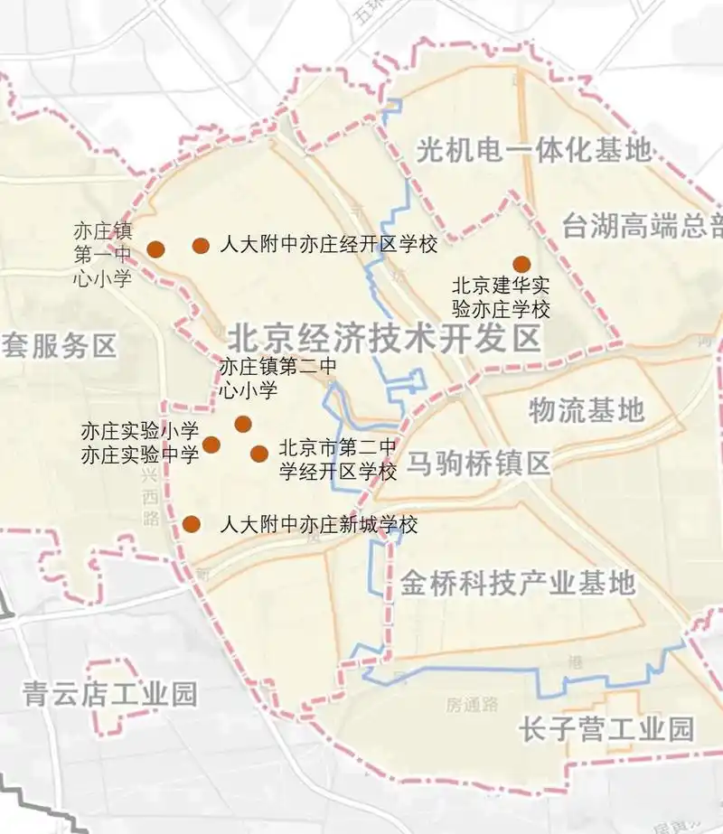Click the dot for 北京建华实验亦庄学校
521,264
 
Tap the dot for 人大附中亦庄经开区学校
201,245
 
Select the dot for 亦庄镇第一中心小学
156,248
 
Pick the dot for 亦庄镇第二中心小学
242,424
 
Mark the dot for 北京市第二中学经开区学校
259,454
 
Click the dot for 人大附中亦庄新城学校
192,524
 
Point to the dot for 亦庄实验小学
211,445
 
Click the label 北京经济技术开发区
383,339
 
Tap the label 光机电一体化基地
533,150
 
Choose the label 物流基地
587,410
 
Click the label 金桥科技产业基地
518,583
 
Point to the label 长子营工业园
606,728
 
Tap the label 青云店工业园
109,694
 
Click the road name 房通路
472,705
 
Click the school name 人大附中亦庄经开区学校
328,245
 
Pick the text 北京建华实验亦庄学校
501,297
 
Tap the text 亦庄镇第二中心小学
277,379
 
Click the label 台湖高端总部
642,226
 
